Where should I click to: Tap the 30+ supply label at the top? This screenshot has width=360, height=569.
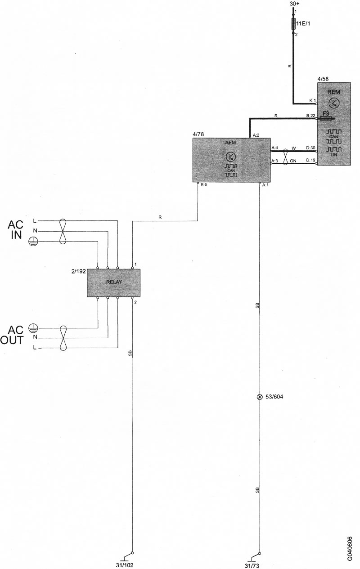[295, 4]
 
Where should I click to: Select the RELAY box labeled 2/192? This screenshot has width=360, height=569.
[113, 283]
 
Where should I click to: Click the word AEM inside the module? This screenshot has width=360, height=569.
[231, 143]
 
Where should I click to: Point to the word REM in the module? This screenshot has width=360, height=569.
[334, 92]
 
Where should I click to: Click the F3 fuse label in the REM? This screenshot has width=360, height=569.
[326, 113]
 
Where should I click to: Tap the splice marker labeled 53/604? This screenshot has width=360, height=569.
[260, 397]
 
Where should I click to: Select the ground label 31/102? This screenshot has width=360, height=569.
[125, 565]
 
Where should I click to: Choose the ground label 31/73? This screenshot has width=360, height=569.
[252, 565]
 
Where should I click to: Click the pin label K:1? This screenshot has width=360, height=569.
[312, 100]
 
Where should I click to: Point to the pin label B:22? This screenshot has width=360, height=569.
[310, 116]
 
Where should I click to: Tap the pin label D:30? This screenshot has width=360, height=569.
[310, 148]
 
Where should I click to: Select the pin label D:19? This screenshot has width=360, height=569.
[310, 160]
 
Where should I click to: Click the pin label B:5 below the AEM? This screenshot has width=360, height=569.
[204, 185]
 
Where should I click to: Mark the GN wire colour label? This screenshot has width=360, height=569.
[293, 161]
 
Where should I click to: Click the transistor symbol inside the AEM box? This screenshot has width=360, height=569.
[231, 157]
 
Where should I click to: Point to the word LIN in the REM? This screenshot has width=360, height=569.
[334, 154]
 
